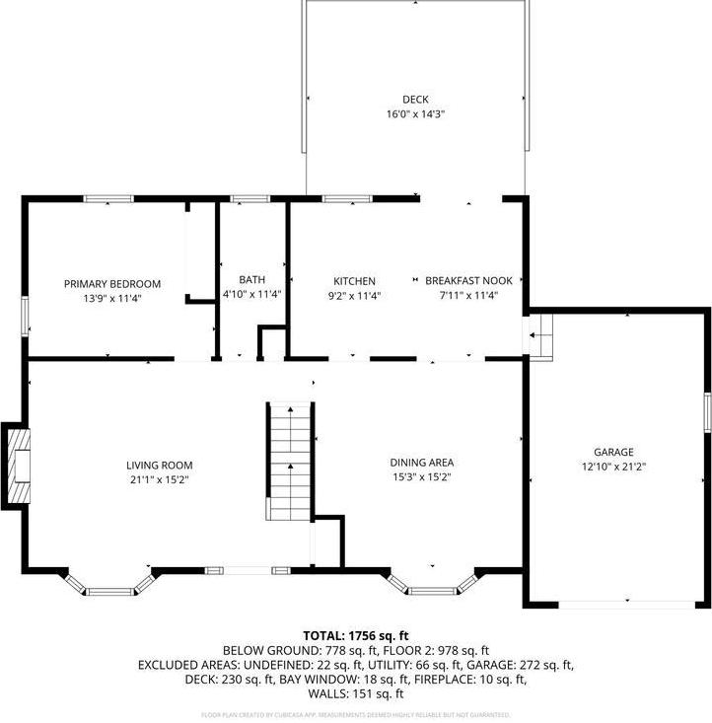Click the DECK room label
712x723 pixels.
(x=415, y=100)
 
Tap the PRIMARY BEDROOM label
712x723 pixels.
(x=112, y=284)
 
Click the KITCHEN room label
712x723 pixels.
(x=354, y=281)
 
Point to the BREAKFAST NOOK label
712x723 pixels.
(x=468, y=281)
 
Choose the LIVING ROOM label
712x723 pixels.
(x=159, y=466)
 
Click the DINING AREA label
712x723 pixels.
(x=422, y=462)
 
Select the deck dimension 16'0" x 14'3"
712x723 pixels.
(x=415, y=114)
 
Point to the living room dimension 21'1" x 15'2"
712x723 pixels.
(x=159, y=480)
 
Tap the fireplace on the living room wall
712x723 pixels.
(x=17, y=466)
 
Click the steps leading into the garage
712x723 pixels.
(x=539, y=336)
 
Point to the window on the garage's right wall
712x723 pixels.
(x=707, y=411)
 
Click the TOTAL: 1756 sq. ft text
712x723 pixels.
(x=356, y=636)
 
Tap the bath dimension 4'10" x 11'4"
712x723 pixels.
(x=252, y=294)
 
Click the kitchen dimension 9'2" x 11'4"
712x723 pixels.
(x=354, y=295)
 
